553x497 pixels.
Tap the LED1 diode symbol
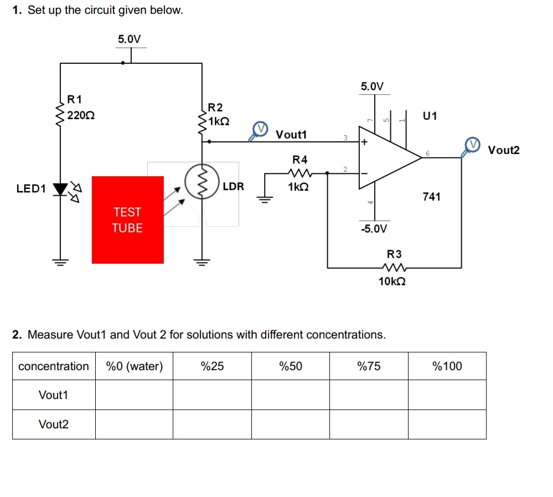(59, 189)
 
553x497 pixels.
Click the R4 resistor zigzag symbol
(299, 173)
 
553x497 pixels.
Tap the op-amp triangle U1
(387, 157)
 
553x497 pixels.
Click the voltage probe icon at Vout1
(259, 130)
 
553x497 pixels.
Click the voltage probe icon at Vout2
(472, 145)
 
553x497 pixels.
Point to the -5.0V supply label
(374, 229)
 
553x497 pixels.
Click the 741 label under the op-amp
(431, 197)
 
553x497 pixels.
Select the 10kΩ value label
(392, 281)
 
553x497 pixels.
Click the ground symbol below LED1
(60, 261)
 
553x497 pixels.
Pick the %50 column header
(291, 366)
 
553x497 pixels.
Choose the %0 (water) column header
(134, 366)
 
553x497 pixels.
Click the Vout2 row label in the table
(54, 424)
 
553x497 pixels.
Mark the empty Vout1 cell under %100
(447, 395)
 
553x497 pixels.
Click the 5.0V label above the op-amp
(372, 86)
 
